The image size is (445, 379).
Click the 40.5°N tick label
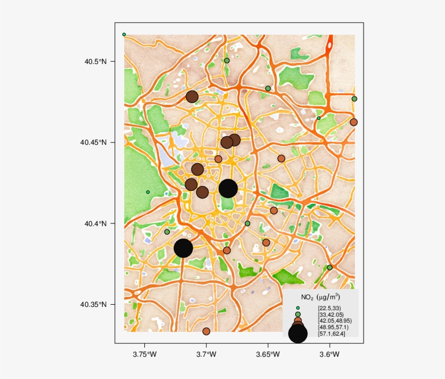[x=95, y=61]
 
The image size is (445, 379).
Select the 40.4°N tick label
[x=95, y=223]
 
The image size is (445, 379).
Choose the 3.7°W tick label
[x=206, y=355]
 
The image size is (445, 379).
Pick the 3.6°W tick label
[x=329, y=355]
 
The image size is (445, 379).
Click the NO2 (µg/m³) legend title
[x=320, y=297]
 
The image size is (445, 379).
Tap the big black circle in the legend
[x=298, y=333]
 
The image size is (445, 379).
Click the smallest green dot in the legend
[x=298, y=308]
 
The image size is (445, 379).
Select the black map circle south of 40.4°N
[x=183, y=248]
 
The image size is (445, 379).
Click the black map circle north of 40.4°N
[x=228, y=188]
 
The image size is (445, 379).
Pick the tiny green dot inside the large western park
[x=148, y=192]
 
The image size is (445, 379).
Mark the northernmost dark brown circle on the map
[x=192, y=97]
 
